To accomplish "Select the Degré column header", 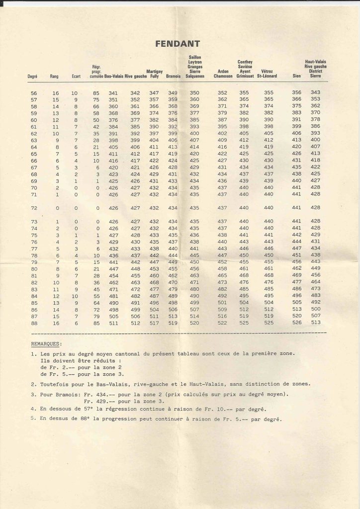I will pyautogui.click(x=33, y=77).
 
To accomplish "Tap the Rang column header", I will pyautogui.click(x=55, y=77).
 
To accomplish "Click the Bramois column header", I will pyautogui.click(x=173, y=77).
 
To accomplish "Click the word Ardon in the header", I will pyautogui.click(x=223, y=72).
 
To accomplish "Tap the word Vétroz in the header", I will pyautogui.click(x=268, y=72).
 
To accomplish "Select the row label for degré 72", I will pyautogui.click(x=34, y=207).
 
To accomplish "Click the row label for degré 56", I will pyautogui.click(x=34, y=93).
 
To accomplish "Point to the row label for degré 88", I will pyautogui.click(x=34, y=322).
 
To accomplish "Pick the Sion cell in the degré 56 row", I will pyautogui.click(x=297, y=93).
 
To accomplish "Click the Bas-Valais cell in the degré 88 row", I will pyautogui.click(x=113, y=322).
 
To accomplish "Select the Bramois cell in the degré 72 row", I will pyautogui.click(x=173, y=207).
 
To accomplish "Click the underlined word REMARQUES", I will pyautogui.click(x=46, y=343).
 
